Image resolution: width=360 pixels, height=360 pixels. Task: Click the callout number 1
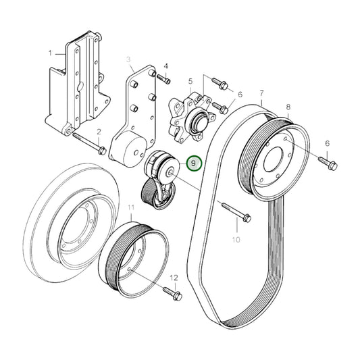[x=50, y=52]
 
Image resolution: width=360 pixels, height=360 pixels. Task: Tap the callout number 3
[x=128, y=59]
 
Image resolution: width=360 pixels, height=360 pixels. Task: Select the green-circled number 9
[x=194, y=164]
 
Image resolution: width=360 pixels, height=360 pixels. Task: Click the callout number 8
[x=288, y=107]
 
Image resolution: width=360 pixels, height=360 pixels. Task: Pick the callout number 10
[x=236, y=239]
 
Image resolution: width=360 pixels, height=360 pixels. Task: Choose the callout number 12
[x=174, y=278]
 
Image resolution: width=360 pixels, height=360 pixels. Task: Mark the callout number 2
[x=99, y=132]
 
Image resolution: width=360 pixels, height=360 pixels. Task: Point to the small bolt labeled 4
[x=163, y=79]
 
